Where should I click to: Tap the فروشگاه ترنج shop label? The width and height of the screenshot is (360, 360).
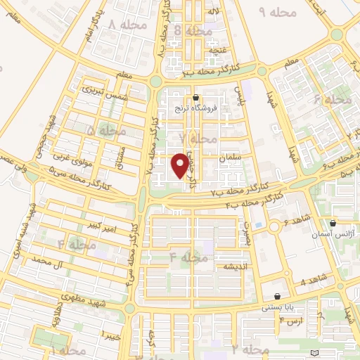[x=196, y=109]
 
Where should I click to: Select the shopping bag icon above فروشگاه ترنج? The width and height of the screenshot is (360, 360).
[x=195, y=98]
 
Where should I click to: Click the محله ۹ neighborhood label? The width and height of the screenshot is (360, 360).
[x=273, y=12]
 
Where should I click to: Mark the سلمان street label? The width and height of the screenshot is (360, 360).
[x=229, y=160]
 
